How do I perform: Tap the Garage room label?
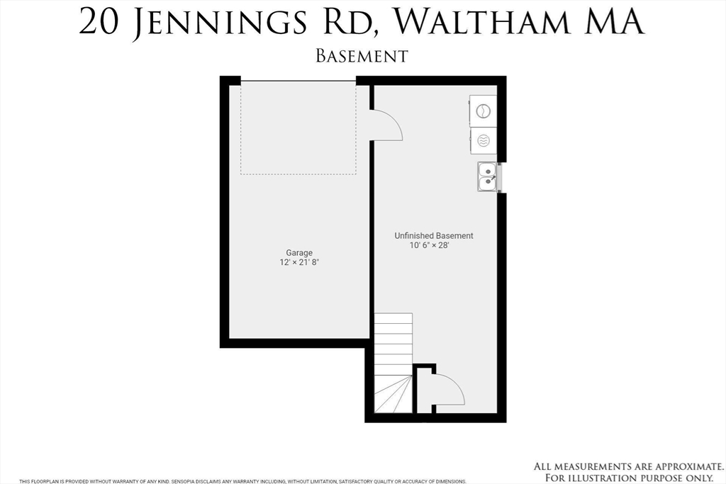tap(299, 252)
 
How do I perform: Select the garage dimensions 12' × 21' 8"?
tap(299, 262)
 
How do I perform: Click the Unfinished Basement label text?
tap(434, 236)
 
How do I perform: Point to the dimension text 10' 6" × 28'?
tap(430, 246)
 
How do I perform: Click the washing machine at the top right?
tap(483, 111)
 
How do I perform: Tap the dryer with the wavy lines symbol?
tap(483, 140)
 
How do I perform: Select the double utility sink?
tap(486, 177)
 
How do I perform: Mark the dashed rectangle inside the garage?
tap(298, 128)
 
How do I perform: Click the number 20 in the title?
tap(98, 22)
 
